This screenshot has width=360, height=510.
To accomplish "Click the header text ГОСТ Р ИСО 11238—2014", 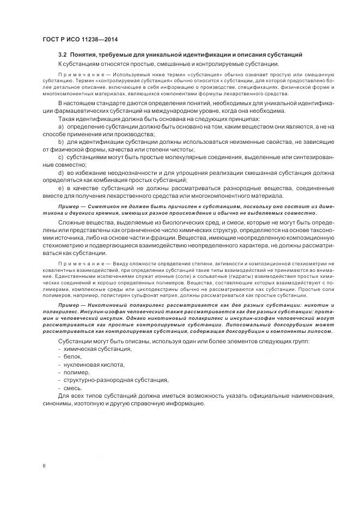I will point(80,39).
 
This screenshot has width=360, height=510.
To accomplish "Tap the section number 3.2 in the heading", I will point(63,55).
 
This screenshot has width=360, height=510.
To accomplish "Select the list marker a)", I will point(60,126).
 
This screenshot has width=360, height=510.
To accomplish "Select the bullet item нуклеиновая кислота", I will point(94,364).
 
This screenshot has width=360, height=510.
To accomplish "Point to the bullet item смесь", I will point(74,388).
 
